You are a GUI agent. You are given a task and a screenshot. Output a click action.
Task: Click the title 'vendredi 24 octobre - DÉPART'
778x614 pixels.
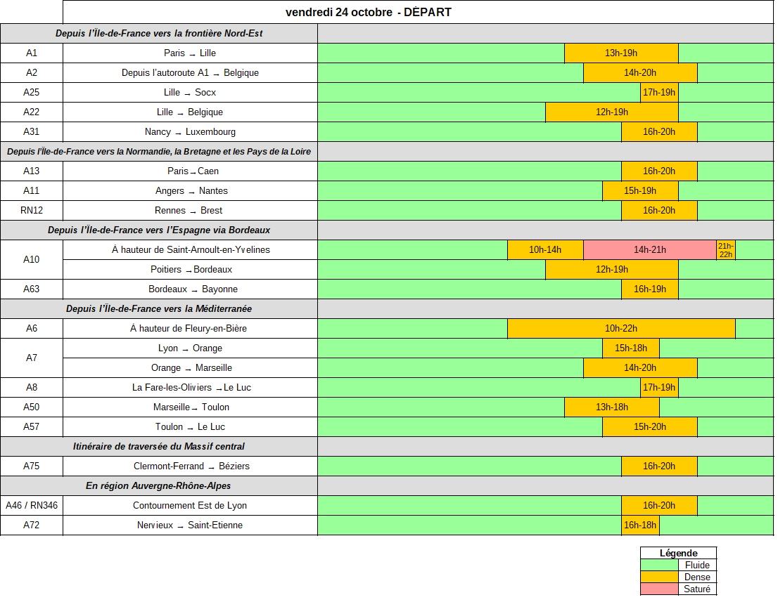tap(368, 12)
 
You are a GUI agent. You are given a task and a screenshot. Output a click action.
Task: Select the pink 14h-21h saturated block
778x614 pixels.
tap(649, 250)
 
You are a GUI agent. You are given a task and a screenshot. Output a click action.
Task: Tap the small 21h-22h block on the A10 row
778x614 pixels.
tap(725, 250)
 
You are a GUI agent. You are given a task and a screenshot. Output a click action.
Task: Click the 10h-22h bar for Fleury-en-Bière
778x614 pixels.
tap(621, 329)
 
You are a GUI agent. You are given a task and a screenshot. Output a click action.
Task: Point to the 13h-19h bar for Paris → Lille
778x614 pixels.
tap(621, 53)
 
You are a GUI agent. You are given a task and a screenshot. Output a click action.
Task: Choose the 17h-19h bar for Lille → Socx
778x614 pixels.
tap(659, 93)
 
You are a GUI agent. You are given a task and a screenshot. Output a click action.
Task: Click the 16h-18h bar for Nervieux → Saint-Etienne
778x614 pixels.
tap(640, 525)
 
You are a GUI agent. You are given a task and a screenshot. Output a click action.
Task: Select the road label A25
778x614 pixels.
tap(32, 93)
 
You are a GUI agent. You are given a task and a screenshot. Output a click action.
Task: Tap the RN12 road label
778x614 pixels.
tap(32, 211)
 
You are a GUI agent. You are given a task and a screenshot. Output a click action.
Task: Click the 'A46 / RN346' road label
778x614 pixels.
tap(32, 506)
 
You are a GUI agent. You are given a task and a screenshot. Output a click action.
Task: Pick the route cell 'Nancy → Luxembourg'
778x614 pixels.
tap(190, 132)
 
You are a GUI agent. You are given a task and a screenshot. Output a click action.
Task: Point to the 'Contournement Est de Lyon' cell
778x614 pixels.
tap(190, 506)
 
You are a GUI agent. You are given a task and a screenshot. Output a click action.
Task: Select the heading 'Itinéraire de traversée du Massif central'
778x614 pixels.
tap(159, 447)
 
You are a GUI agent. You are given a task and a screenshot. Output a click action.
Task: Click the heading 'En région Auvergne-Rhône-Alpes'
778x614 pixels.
tap(158, 486)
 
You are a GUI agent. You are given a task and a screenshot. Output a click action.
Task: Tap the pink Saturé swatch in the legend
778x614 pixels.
tap(659, 589)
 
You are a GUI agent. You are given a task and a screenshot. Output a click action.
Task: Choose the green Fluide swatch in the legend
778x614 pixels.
tap(659, 566)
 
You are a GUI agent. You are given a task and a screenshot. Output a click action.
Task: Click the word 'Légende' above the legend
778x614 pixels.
tap(678, 554)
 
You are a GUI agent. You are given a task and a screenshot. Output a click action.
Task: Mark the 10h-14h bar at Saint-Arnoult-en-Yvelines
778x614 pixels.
tap(545, 250)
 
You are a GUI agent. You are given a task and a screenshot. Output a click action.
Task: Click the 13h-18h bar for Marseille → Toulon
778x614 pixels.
tap(612, 407)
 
